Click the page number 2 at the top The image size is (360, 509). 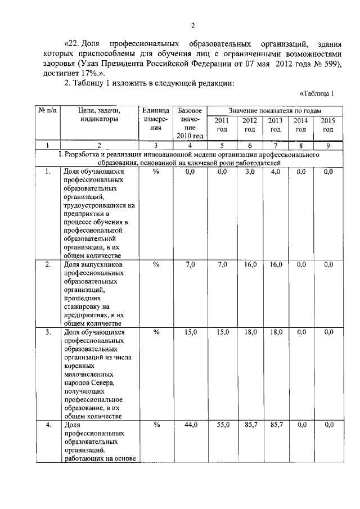click(192, 25)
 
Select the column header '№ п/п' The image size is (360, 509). click(48, 110)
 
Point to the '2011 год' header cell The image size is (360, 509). click(222, 125)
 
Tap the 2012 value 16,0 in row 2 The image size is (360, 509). click(250, 264)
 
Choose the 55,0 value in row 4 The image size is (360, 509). click(223, 425)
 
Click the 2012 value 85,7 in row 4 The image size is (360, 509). click(250, 425)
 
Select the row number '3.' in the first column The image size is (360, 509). click(48, 332)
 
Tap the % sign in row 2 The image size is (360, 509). click(156, 264)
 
